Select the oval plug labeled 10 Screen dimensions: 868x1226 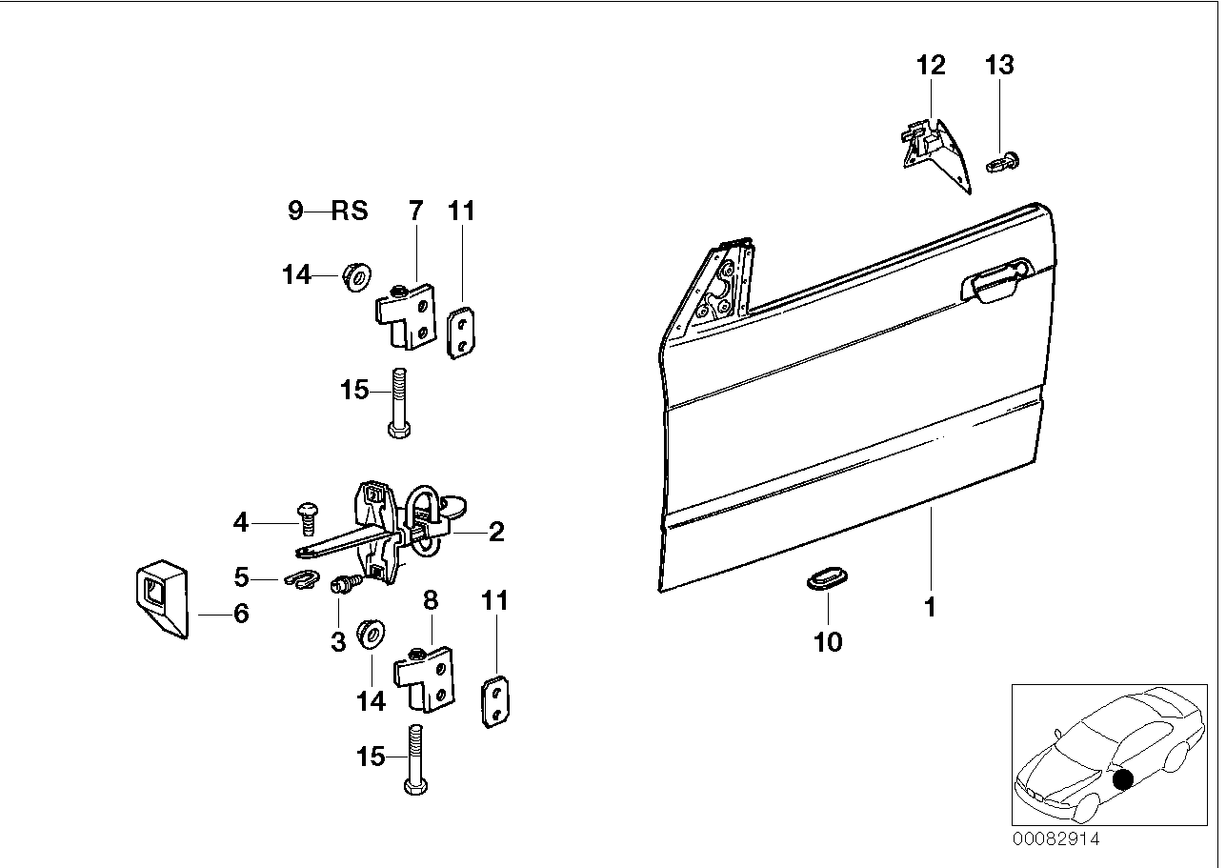[825, 580]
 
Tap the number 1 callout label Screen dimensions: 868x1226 [930, 606]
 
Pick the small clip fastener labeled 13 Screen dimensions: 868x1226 [1003, 163]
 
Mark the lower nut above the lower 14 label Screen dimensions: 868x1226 [369, 635]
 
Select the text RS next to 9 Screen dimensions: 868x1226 [349, 211]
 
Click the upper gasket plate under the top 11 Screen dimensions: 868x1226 [462, 331]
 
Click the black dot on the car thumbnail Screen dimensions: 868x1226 [1124, 779]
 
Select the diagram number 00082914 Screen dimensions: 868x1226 [1055, 839]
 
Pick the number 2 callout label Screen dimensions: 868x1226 [496, 532]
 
